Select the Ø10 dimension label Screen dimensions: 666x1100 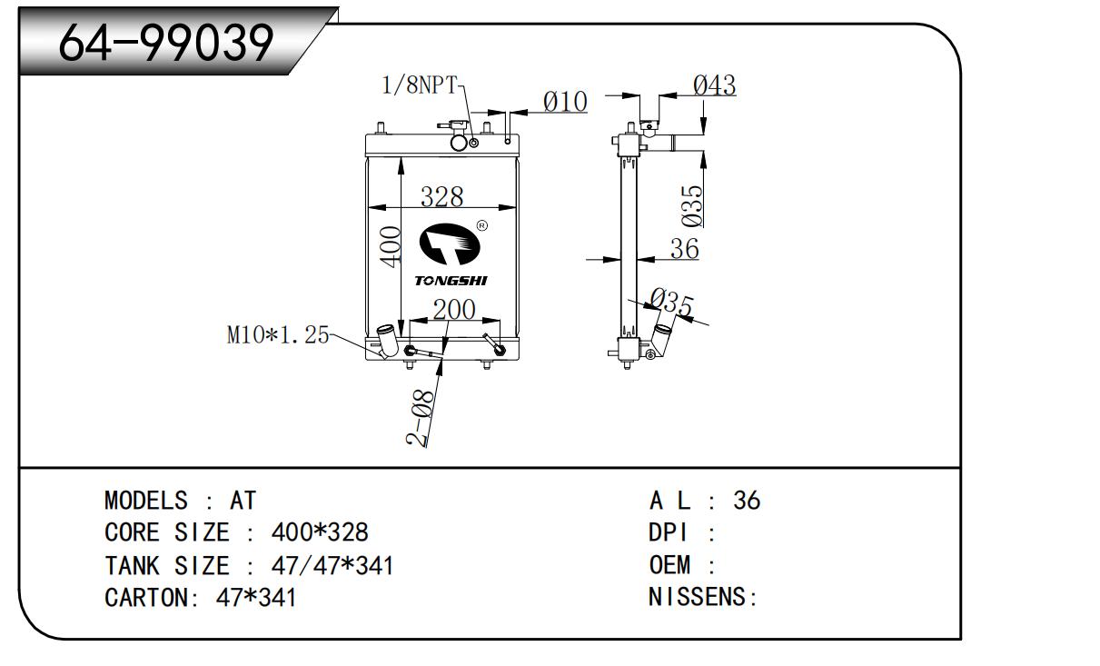[x=565, y=102]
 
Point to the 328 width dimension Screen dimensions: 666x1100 [x=442, y=196]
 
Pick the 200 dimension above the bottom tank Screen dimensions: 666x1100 [x=453, y=310]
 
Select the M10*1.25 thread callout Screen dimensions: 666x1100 [x=277, y=335]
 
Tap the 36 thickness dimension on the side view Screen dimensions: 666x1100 [x=684, y=248]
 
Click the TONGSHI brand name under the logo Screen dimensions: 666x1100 [x=451, y=281]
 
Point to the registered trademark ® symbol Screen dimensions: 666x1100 [x=481, y=225]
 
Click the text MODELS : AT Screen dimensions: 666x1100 [x=181, y=500]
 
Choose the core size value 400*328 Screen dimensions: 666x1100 [x=320, y=532]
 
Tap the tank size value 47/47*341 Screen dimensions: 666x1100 [x=332, y=565]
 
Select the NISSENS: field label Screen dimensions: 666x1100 [x=703, y=597]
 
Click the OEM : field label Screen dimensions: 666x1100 [x=682, y=565]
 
